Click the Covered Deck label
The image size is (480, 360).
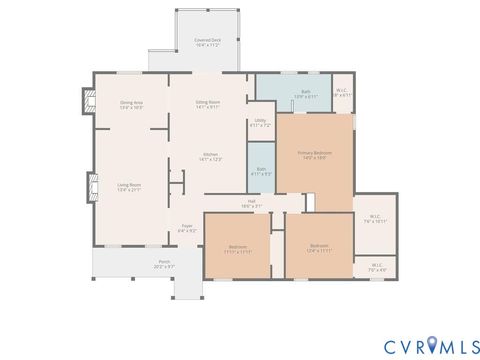click(208, 43)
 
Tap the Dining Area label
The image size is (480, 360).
click(131, 105)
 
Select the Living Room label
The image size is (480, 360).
click(129, 186)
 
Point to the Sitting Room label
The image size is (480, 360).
click(208, 105)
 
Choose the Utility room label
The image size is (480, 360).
click(260, 124)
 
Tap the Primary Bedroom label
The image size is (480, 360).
click(314, 155)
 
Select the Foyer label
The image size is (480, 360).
click(186, 229)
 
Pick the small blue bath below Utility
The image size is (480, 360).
click(260, 171)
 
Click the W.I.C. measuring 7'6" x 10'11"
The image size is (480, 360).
click(375, 219)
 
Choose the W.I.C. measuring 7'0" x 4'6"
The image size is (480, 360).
click(375, 267)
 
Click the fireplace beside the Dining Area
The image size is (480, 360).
click(86, 101)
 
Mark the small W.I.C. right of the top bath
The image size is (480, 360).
click(342, 93)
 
